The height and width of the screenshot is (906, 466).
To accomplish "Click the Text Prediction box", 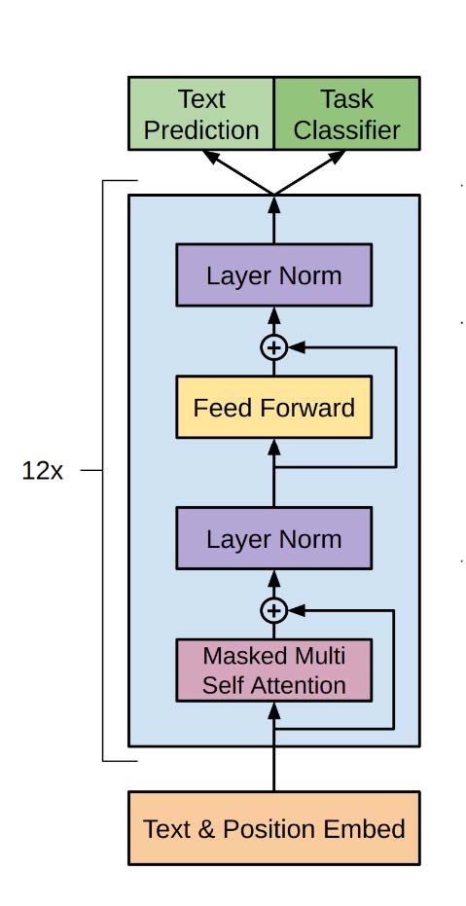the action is (201, 113).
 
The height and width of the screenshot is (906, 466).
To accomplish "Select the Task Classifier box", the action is (347, 113).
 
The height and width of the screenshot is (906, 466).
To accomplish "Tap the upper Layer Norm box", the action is (273, 275).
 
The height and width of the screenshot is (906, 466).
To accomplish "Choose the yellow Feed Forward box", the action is (273, 408).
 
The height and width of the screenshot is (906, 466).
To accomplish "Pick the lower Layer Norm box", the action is (273, 538).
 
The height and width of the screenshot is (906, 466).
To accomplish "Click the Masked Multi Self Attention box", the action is (273, 670).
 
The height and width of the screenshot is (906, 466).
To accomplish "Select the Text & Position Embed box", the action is (273, 828).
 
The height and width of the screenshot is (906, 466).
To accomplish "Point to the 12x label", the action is (42, 471).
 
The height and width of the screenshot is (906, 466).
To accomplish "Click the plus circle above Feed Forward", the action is (273, 347).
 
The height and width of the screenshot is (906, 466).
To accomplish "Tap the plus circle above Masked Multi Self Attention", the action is (273, 611).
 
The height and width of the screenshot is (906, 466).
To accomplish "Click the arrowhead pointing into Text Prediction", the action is (211, 157).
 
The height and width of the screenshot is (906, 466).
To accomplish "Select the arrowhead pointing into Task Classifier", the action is (336, 157).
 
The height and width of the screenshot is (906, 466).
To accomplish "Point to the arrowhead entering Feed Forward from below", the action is (273, 447).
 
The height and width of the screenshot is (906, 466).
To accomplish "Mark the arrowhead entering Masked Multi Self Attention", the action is (273, 709).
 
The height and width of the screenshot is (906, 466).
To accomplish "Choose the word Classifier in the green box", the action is (347, 130).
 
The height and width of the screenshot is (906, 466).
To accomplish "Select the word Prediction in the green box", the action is (201, 130).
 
